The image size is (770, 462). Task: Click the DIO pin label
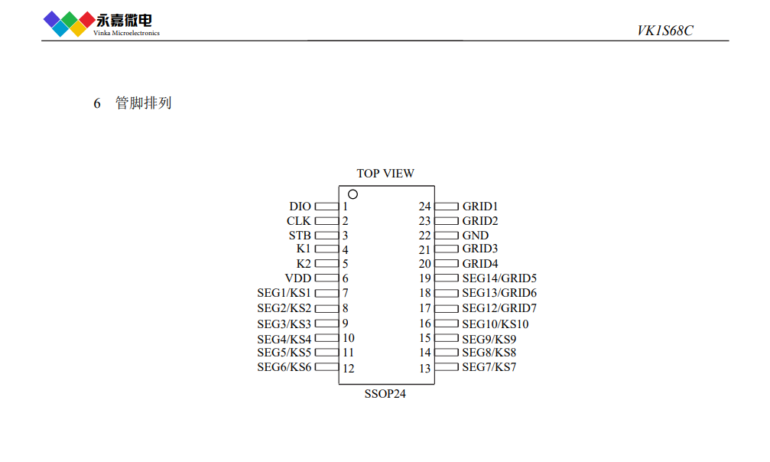(x=300, y=207)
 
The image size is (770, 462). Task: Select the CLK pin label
(x=298, y=221)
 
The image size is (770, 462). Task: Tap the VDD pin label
(x=298, y=278)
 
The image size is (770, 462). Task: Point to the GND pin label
(x=476, y=236)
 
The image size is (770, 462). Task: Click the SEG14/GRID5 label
(x=499, y=278)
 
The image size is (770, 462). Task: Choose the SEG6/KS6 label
(x=284, y=367)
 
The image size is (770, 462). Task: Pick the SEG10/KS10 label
(x=495, y=324)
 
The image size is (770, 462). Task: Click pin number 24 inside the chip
(x=425, y=207)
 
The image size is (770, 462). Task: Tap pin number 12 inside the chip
(x=349, y=368)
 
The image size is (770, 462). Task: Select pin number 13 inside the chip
(x=425, y=368)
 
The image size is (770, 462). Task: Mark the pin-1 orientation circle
(x=353, y=194)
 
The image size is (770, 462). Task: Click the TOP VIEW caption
(x=385, y=174)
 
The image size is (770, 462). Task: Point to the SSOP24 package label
(x=385, y=394)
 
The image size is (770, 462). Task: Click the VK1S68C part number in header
(x=665, y=31)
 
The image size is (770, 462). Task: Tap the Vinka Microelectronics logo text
(x=126, y=33)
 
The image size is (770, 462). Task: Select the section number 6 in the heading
(x=97, y=103)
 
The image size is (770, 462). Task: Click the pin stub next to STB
(x=327, y=236)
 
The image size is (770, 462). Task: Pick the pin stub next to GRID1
(x=447, y=207)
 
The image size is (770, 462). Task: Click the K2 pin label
(x=304, y=264)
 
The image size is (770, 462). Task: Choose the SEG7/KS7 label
(x=489, y=367)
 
